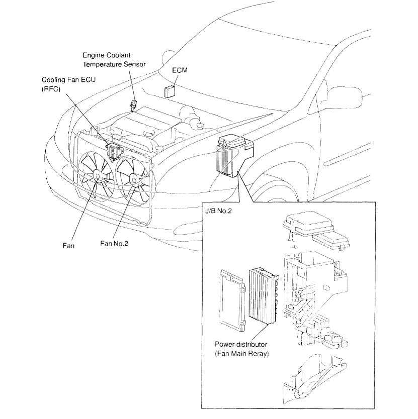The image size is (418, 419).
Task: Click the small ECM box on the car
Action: coord(169,91)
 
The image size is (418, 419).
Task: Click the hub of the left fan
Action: coord(97,174)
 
